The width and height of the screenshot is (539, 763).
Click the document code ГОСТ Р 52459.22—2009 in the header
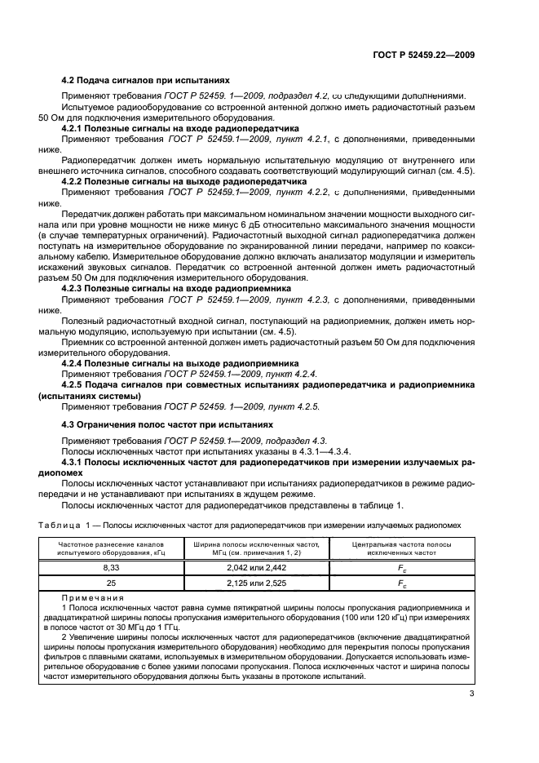click(422, 55)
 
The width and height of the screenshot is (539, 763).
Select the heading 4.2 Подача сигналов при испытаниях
click(146, 80)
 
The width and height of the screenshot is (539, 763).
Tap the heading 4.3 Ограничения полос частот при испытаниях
click(167, 425)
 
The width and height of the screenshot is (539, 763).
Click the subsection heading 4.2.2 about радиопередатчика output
click(184, 180)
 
